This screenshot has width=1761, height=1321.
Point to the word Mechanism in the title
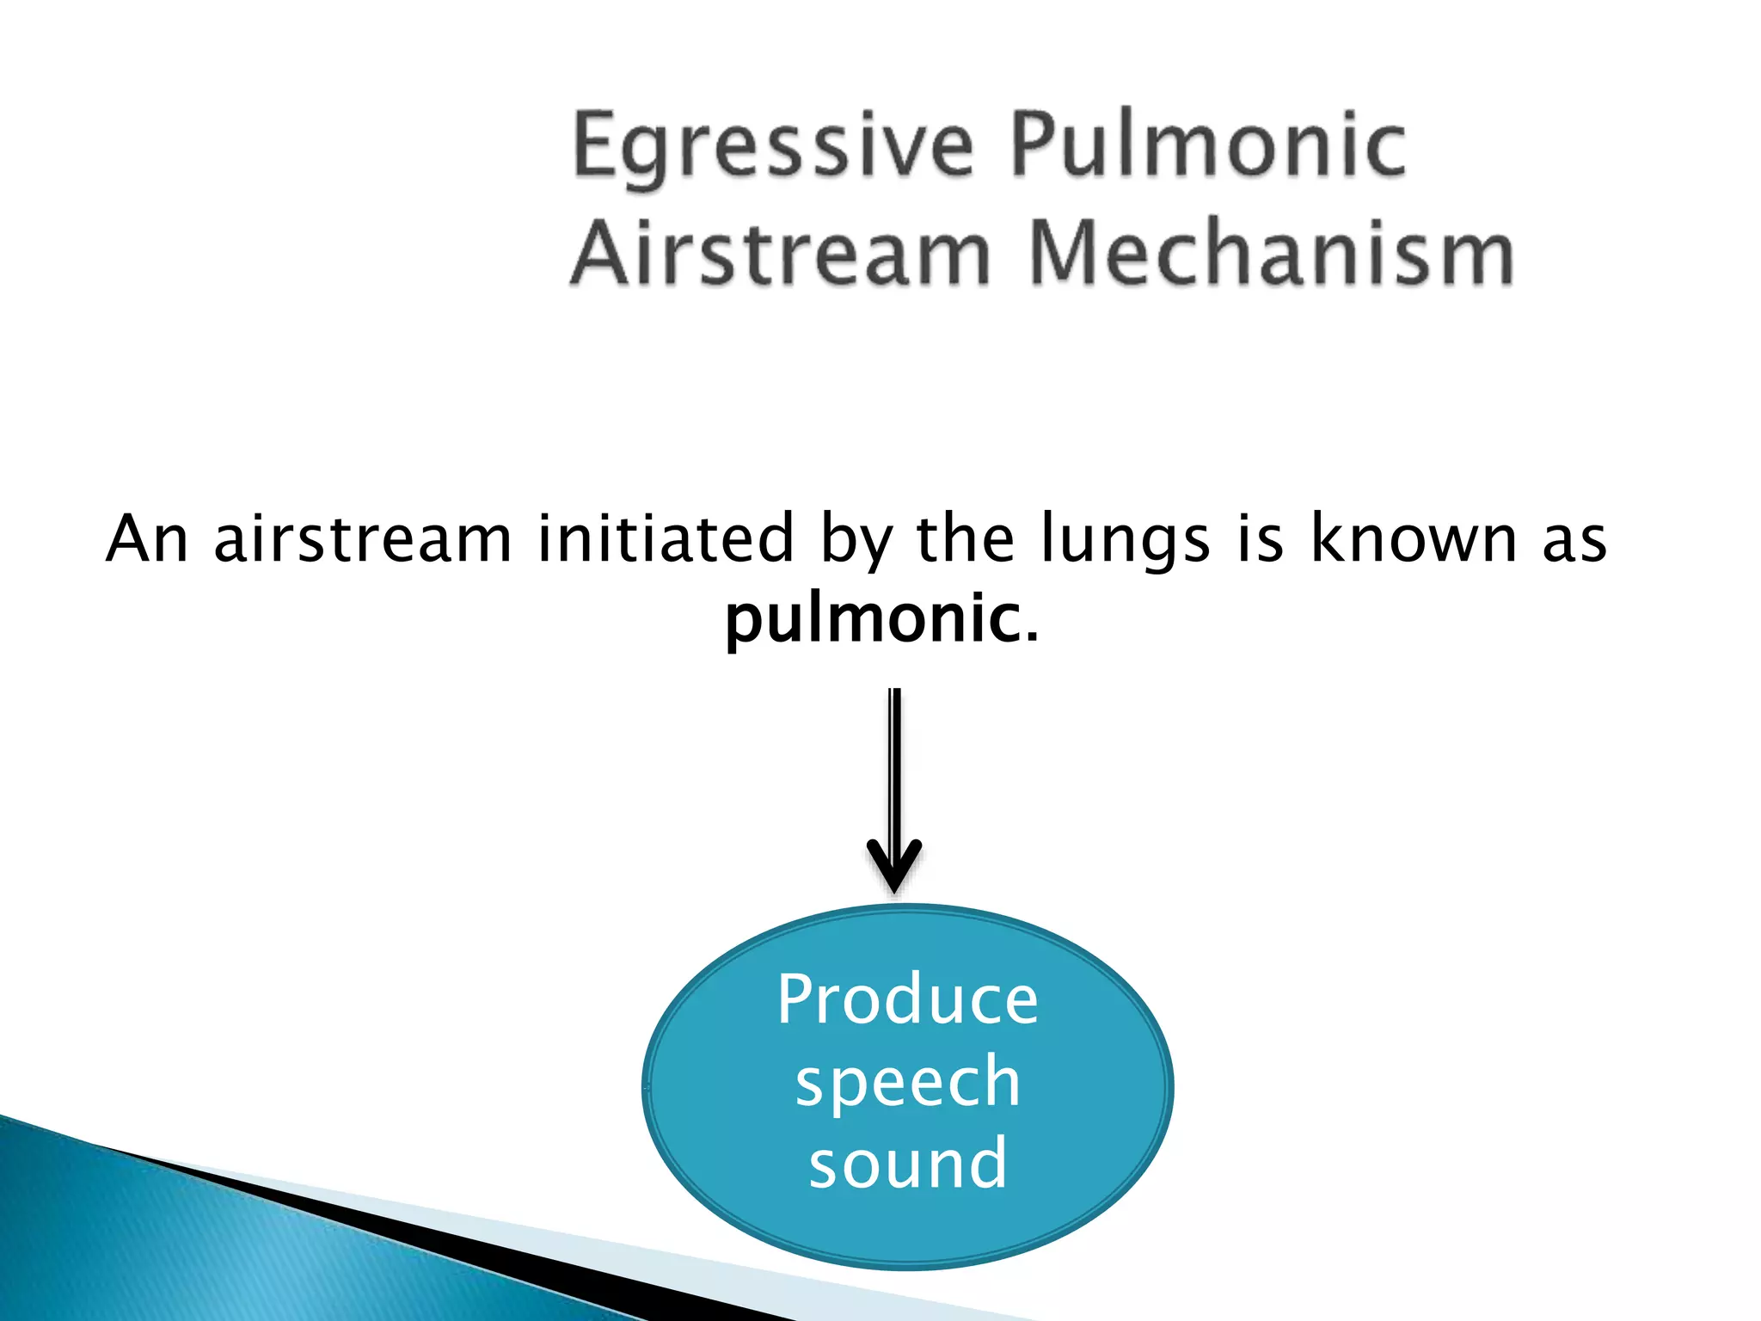coord(1270,253)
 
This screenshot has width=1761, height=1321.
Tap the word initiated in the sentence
coord(665,539)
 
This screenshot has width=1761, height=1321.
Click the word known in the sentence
coord(1413,539)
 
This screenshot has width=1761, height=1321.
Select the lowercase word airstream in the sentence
coord(362,539)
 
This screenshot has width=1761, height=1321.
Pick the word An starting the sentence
coord(147,539)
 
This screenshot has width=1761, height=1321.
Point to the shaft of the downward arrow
coord(894,765)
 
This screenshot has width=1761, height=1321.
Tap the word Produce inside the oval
coord(907,999)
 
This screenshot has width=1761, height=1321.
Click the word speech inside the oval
coord(907,1083)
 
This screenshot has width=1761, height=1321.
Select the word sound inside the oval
coord(907,1163)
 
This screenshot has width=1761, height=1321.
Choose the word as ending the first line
coord(1574,539)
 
